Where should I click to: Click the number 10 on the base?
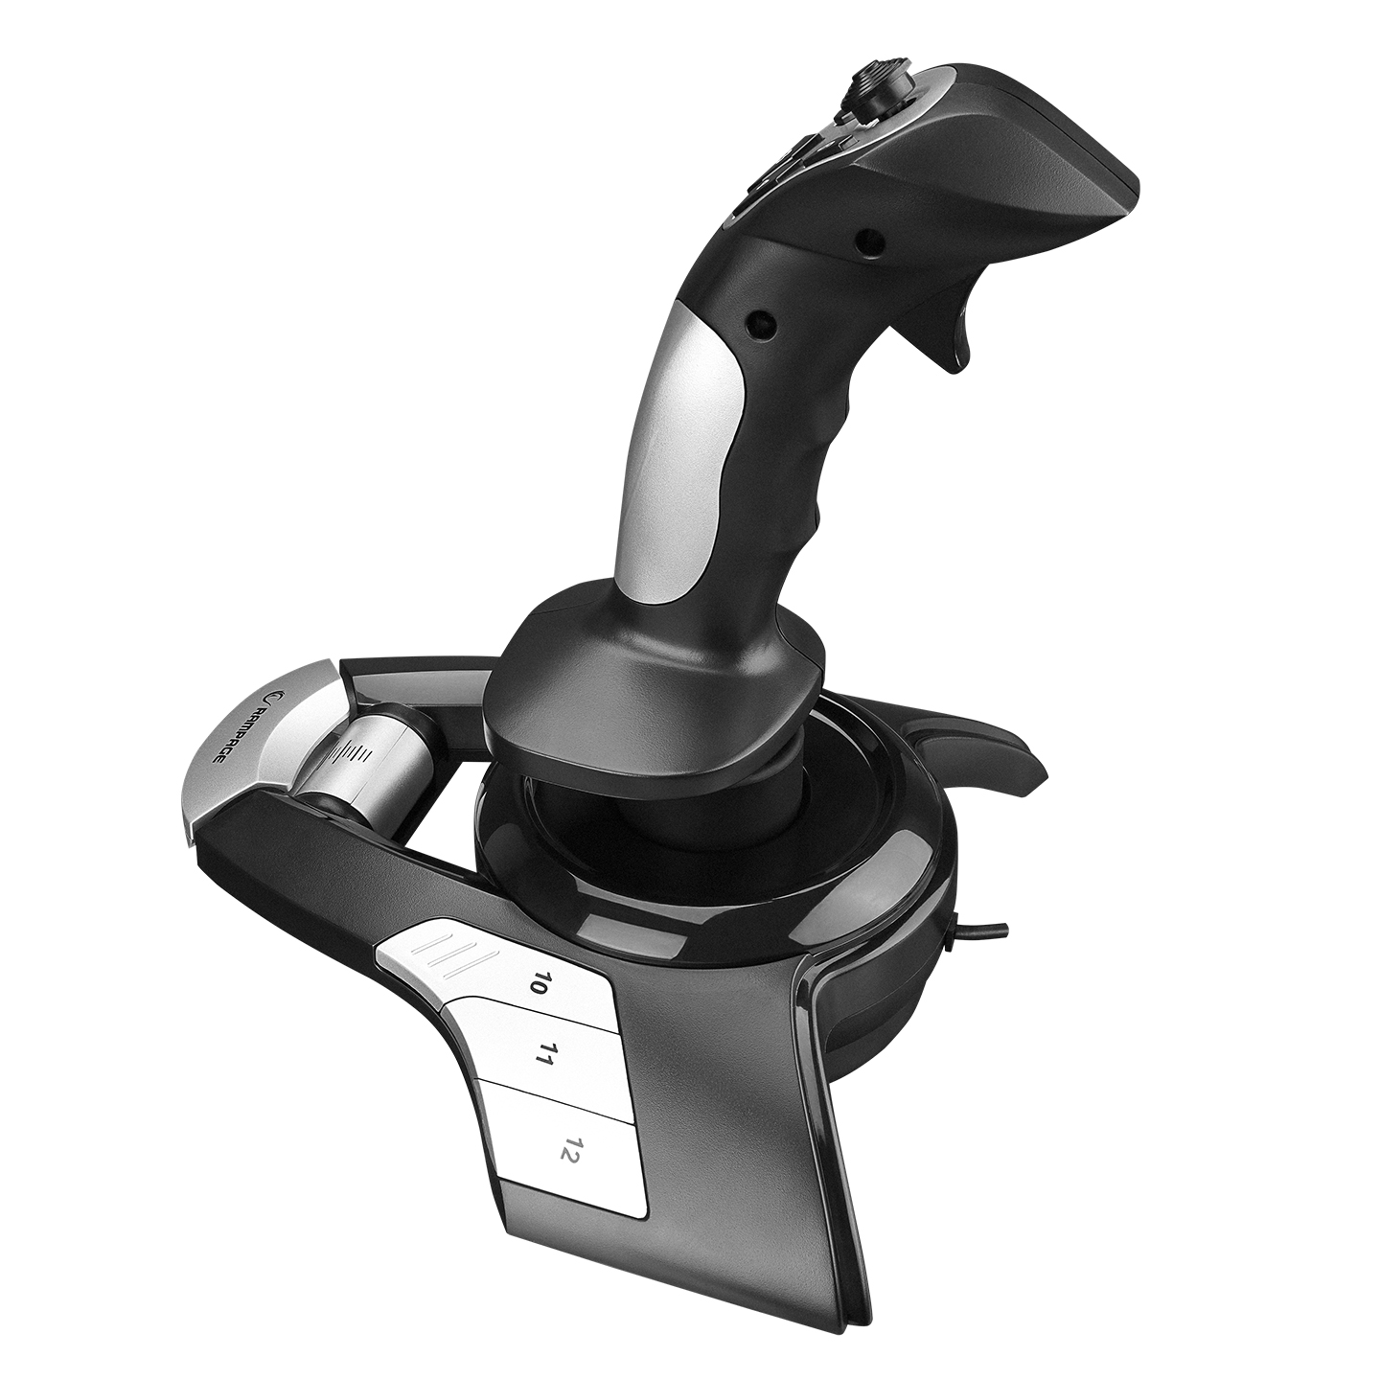tap(534, 982)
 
